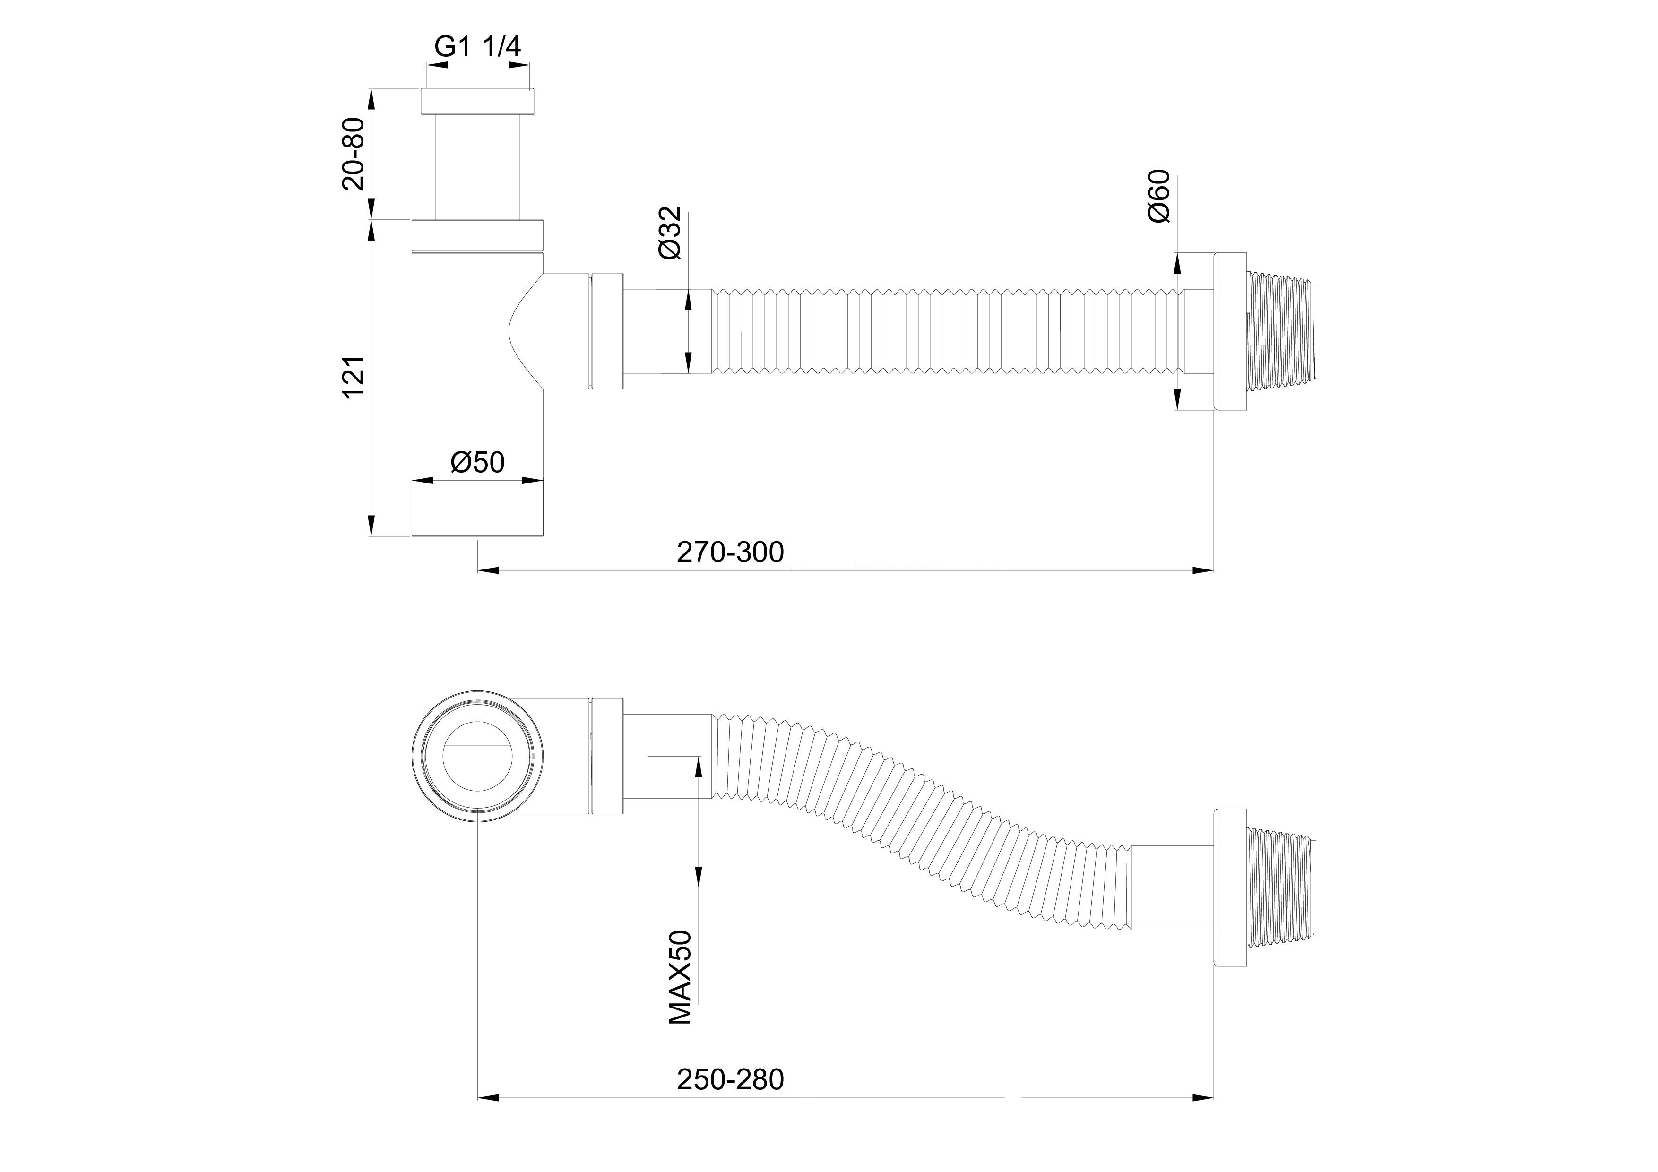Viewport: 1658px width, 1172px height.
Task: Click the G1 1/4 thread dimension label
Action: (x=477, y=46)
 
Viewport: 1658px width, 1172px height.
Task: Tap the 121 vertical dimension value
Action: (x=354, y=377)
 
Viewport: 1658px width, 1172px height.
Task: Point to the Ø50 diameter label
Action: (x=477, y=461)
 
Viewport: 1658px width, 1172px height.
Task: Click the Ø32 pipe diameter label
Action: (x=669, y=233)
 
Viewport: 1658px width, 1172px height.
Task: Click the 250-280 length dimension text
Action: (x=730, y=1099)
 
